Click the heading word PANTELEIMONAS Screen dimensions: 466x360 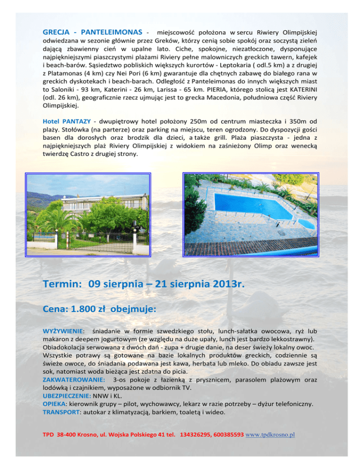(112, 32)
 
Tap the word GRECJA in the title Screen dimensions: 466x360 (57, 32)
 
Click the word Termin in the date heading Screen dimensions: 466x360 (62, 284)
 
